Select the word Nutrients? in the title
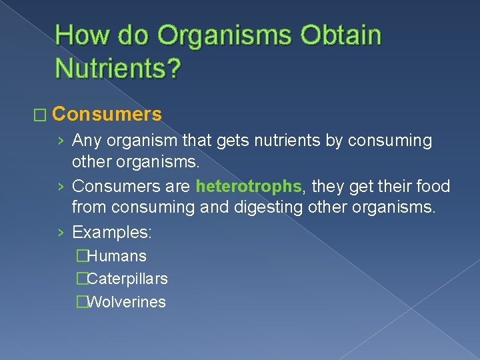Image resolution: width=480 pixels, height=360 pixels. (x=117, y=68)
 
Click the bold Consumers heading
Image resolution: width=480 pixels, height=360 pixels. (x=107, y=115)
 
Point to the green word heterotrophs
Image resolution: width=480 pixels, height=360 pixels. (x=249, y=186)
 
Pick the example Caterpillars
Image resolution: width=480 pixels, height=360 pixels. (x=127, y=279)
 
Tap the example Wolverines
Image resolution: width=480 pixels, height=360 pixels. (x=126, y=302)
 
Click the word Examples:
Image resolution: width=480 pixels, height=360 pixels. (x=112, y=233)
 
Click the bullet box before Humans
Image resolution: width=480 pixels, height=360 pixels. (x=82, y=256)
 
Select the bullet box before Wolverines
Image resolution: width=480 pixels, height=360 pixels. (x=82, y=303)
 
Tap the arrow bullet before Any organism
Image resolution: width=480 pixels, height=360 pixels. (x=61, y=141)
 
